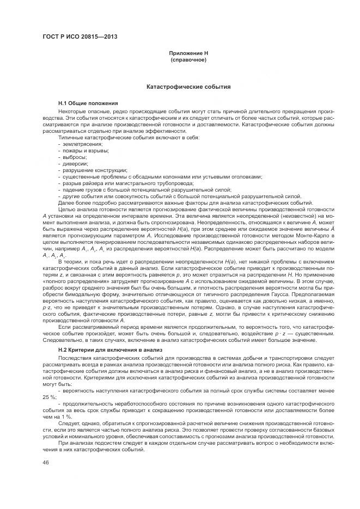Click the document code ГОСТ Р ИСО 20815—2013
tap(80, 38)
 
